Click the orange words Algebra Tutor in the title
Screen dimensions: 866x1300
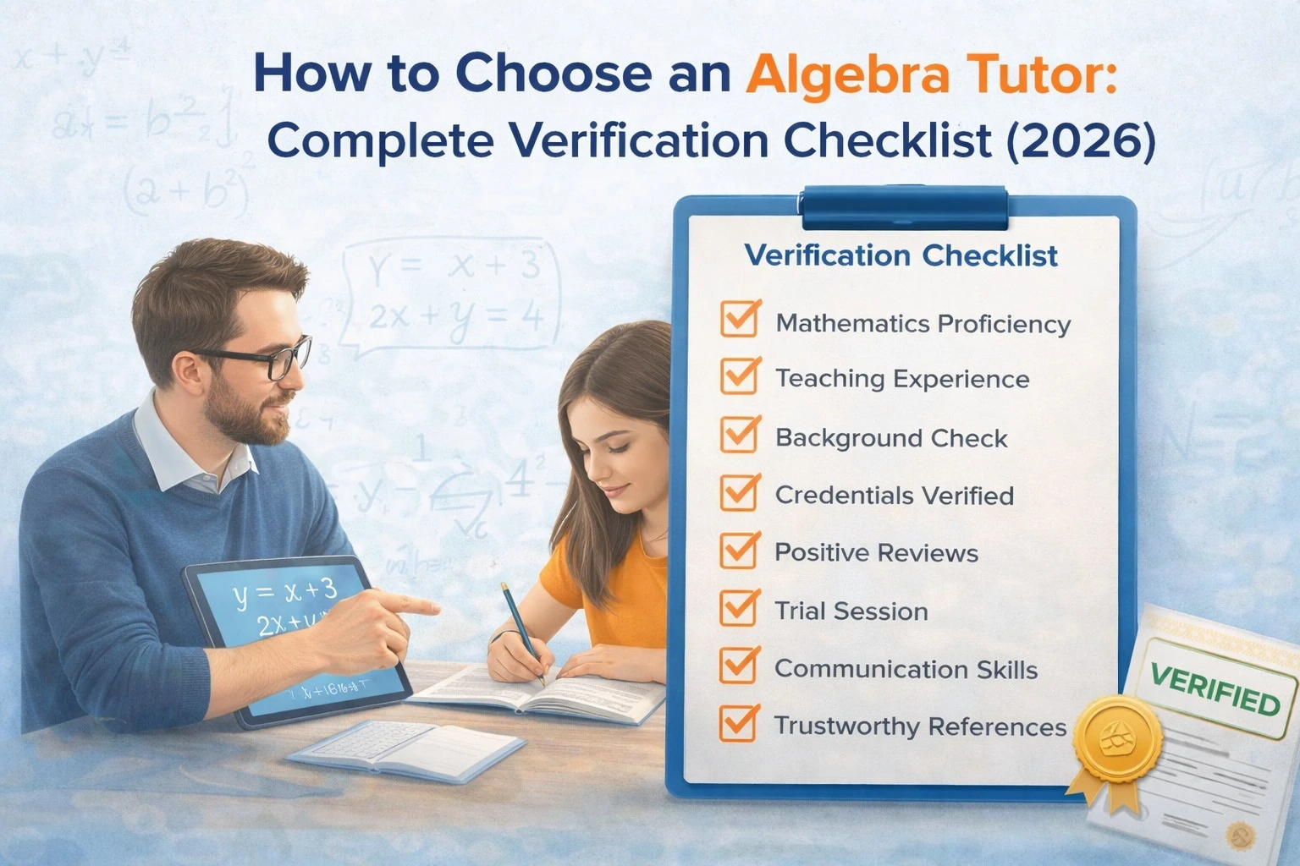click(x=931, y=74)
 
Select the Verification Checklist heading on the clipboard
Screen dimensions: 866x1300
click(x=901, y=255)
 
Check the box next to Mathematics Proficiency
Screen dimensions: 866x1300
click(x=740, y=321)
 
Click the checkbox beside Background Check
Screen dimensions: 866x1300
click(x=740, y=435)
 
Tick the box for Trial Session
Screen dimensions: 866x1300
click(x=740, y=608)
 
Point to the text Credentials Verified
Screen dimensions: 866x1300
click(x=894, y=496)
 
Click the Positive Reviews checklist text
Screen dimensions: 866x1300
click(x=876, y=553)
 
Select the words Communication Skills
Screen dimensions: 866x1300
click(x=906, y=670)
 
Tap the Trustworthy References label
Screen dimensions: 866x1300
click(x=920, y=726)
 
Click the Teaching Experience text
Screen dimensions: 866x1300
click(x=902, y=379)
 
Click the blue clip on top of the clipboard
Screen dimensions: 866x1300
click(x=904, y=207)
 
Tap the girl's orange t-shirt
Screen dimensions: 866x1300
click(x=626, y=592)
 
